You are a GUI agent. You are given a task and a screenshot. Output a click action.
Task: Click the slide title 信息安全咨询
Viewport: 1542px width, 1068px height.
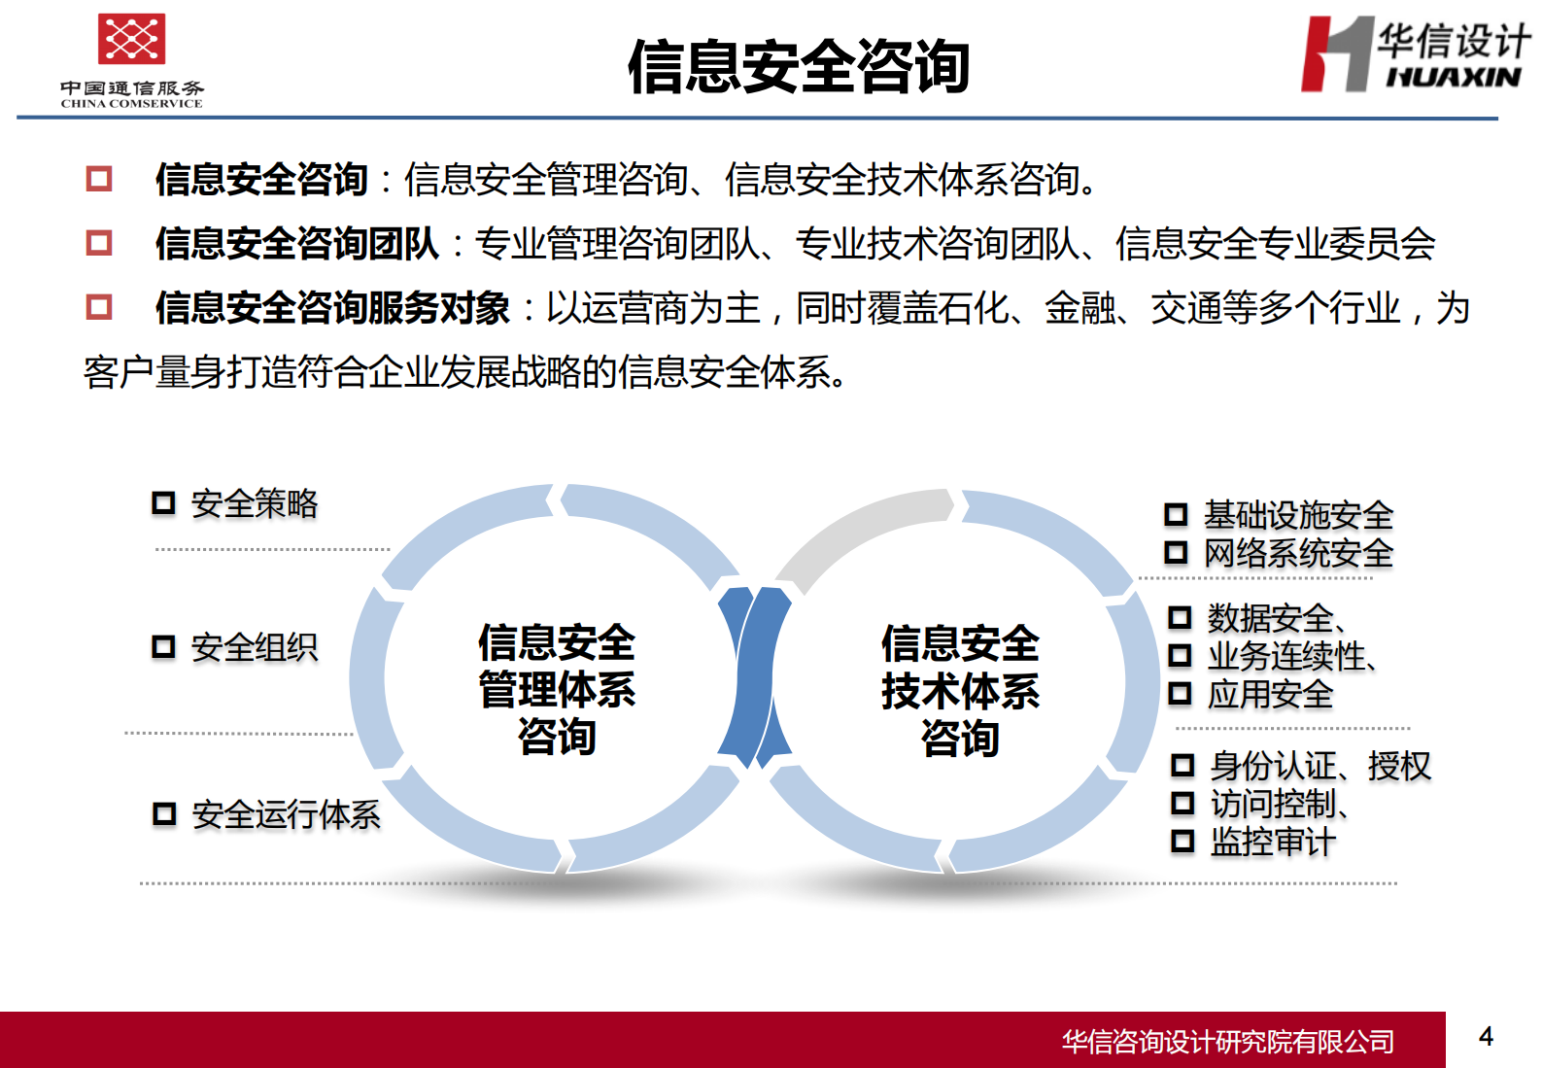tap(798, 67)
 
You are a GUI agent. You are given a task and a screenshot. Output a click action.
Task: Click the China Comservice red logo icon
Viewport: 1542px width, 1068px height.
tap(131, 39)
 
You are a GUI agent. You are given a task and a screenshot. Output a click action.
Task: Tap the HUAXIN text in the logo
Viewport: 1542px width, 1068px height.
tap(1453, 77)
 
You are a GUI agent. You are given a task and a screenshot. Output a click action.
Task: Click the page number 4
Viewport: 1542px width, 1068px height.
tap(1486, 1037)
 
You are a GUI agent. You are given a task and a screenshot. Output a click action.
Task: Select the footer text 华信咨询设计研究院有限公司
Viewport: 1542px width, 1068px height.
tap(1227, 1042)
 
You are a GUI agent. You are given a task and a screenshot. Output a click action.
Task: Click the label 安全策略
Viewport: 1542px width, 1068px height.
tap(255, 503)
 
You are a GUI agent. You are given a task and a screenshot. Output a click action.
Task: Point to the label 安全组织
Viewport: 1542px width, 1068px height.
tap(255, 647)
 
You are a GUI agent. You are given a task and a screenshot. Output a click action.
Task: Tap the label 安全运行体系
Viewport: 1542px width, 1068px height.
tap(286, 814)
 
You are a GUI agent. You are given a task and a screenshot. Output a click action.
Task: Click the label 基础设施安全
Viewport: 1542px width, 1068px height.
tap(1298, 515)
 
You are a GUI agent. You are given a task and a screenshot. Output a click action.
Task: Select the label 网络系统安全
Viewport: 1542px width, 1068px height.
tap(1298, 554)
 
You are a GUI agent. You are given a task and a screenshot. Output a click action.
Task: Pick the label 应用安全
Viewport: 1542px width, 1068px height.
tap(1270, 695)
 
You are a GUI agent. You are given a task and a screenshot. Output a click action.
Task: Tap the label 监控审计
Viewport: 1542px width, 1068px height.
tap(1273, 842)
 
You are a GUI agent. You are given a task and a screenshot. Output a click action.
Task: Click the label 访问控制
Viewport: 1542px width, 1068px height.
tap(1274, 804)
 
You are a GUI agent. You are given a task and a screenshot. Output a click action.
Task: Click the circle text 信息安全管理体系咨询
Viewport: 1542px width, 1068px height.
tap(557, 689)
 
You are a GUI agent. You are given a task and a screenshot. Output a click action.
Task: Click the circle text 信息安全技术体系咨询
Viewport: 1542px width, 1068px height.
tap(960, 691)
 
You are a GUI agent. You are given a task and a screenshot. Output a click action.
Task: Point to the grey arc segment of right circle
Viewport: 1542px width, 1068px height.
tap(855, 530)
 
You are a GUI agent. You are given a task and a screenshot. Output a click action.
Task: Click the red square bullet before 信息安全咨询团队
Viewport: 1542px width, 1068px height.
tap(99, 243)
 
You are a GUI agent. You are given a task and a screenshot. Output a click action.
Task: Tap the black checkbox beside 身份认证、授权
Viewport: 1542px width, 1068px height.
tap(1182, 766)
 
